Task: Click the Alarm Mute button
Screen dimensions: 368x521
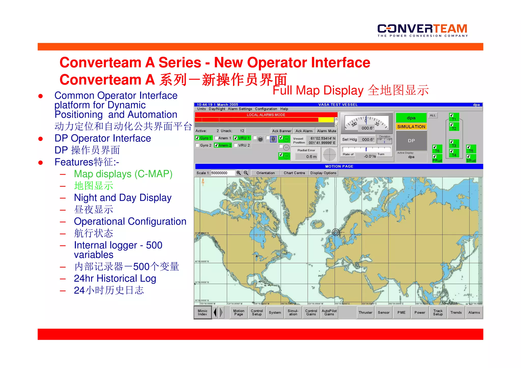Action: (326, 131)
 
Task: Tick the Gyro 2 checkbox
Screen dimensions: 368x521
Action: (197, 145)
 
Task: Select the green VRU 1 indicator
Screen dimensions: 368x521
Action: (242, 138)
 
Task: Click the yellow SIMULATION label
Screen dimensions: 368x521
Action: (411, 127)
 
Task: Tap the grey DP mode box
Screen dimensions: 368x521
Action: (411, 141)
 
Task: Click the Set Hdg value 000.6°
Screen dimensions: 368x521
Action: (368, 140)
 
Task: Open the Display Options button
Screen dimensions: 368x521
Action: (323, 173)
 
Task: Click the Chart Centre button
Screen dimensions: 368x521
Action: (294, 173)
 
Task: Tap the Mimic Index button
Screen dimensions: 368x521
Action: (202, 313)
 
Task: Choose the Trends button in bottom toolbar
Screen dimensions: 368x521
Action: (456, 313)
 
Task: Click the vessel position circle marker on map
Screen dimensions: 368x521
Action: (336, 232)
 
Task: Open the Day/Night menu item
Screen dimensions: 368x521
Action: (217, 109)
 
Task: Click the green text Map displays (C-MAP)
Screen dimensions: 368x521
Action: (123, 174)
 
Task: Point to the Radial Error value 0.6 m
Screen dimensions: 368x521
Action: (311, 157)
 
